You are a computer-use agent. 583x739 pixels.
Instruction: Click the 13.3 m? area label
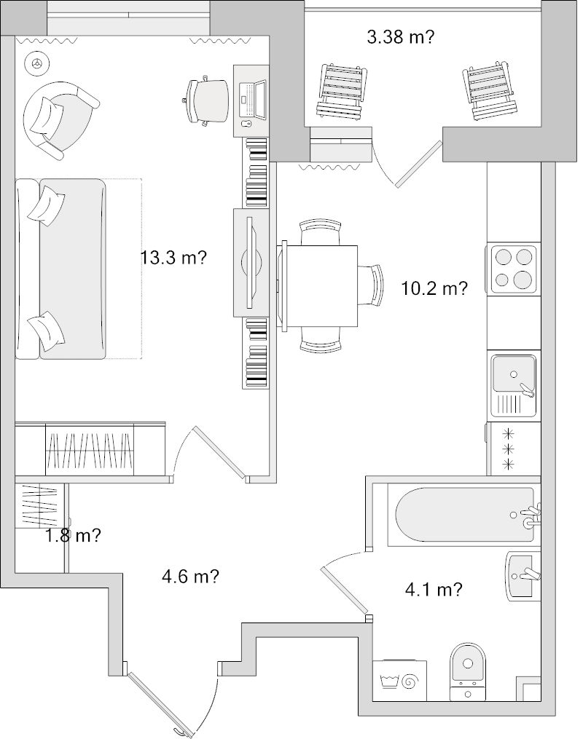[x=174, y=257]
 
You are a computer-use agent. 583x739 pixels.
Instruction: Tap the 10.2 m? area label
[x=434, y=288]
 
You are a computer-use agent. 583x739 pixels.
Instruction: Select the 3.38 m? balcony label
[x=401, y=37]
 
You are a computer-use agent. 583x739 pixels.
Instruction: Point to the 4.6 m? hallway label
[x=190, y=577]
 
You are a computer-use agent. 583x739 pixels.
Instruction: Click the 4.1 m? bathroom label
[x=434, y=590]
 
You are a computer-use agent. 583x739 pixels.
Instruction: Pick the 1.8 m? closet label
[x=73, y=537]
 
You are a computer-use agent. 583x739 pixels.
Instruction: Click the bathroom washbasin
[x=524, y=576]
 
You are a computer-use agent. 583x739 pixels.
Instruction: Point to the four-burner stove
[x=513, y=269]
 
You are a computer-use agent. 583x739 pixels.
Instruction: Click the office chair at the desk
[x=206, y=100]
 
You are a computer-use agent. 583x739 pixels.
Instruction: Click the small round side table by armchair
[x=35, y=63]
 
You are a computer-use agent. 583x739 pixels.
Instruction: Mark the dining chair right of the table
[x=374, y=287]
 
